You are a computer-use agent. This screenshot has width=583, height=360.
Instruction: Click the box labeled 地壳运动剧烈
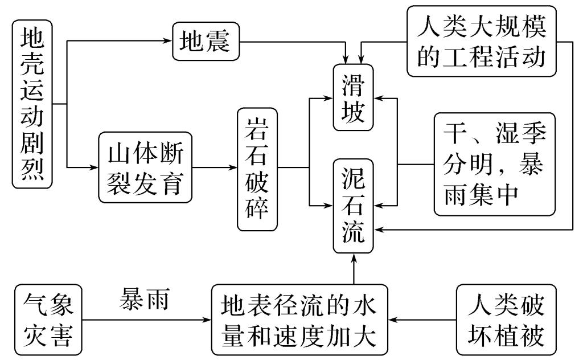[32, 104]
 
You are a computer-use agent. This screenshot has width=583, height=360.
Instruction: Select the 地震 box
[206, 42]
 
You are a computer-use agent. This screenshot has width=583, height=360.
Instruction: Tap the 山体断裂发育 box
[146, 167]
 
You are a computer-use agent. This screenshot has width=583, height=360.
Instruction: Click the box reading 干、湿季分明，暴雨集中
[494, 164]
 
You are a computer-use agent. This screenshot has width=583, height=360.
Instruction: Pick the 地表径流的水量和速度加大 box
[300, 320]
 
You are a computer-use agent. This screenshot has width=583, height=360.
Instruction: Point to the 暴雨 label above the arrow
[143, 298]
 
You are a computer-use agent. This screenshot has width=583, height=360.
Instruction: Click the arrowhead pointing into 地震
[168, 42]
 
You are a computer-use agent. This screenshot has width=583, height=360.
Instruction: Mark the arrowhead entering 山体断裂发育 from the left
[95, 168]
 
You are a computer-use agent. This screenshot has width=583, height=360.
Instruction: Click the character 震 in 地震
[218, 42]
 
